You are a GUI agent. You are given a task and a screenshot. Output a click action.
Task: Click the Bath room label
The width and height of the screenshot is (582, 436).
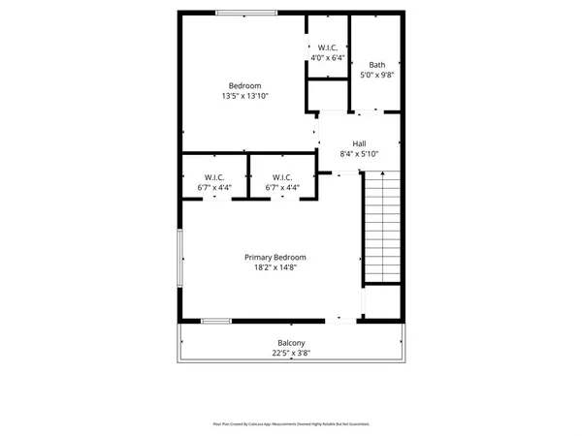click(376, 65)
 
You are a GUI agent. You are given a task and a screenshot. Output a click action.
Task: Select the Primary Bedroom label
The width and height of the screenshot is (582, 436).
click(275, 257)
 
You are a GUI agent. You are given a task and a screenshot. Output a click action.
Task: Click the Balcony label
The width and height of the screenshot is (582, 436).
click(291, 343)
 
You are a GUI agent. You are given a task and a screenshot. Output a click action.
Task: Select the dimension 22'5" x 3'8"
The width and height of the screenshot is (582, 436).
click(291, 354)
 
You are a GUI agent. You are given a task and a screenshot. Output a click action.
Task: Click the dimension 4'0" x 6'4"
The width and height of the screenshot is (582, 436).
click(327, 57)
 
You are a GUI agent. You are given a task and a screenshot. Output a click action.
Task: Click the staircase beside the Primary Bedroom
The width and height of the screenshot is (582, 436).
click(381, 228)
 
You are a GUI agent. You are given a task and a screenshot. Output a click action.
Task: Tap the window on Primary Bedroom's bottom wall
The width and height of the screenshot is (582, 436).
click(215, 321)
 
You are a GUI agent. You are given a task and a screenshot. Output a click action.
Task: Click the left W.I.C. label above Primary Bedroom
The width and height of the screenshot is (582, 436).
click(212, 176)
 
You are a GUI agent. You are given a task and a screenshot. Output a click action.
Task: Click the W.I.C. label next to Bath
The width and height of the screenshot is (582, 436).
click(327, 47)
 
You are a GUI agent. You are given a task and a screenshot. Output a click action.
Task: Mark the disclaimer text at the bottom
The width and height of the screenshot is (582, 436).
click(291, 423)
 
